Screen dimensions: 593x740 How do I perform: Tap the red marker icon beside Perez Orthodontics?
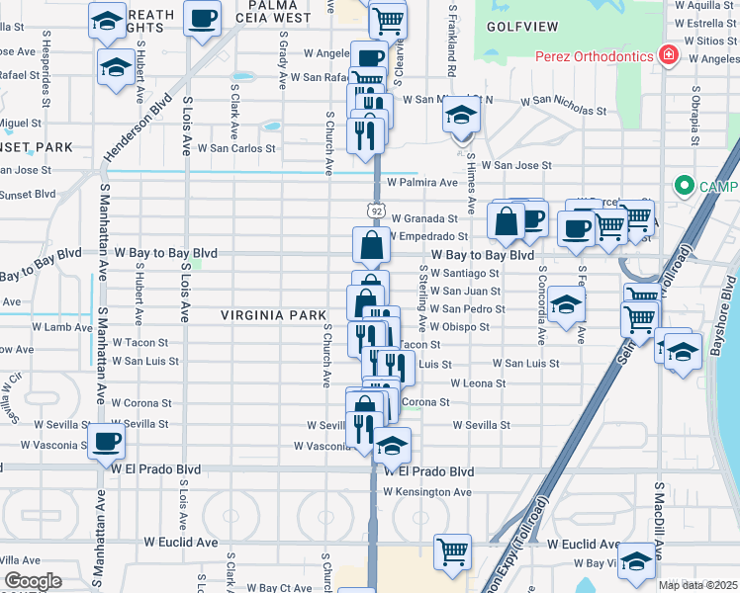(x=669, y=54)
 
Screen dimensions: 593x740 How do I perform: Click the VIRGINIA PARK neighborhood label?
(x=273, y=315)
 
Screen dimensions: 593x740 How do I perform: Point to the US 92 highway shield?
(x=374, y=210)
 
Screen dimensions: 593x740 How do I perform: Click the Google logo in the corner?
(x=33, y=581)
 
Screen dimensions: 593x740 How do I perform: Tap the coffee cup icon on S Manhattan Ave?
(x=106, y=441)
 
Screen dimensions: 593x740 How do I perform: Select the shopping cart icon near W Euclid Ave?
(x=452, y=551)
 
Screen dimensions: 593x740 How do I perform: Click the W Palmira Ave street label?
(x=422, y=182)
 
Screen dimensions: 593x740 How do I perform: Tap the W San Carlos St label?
(x=235, y=148)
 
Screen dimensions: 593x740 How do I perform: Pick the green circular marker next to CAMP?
(x=683, y=186)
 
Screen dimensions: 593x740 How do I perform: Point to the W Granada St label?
(x=424, y=218)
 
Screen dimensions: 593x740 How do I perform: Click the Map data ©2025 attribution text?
(x=698, y=585)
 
